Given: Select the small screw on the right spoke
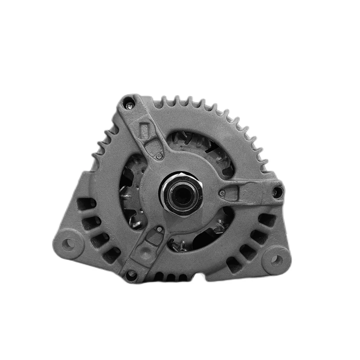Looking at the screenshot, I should point(222,193).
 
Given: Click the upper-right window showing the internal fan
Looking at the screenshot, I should point(202,144).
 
